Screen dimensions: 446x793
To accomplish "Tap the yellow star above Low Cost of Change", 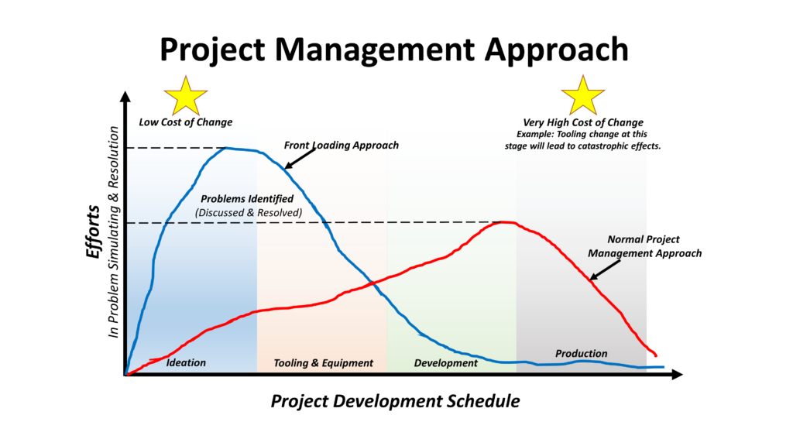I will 186,96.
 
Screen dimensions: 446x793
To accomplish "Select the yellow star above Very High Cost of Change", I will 582,96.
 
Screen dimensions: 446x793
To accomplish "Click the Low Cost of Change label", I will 185,122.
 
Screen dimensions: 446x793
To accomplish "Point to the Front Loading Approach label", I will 342,145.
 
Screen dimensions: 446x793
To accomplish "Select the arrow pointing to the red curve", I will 604,269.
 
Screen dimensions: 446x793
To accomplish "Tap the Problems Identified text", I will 246,199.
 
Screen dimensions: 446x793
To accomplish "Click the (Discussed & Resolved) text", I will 248,212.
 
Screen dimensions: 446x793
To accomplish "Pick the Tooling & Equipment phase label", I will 323,362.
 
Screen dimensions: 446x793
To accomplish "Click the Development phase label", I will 445,362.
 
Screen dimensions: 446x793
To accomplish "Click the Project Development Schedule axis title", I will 395,401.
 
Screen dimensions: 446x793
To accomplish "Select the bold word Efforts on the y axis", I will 93,232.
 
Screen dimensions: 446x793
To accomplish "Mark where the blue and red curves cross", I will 372,281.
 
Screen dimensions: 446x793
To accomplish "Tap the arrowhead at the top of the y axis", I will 124,98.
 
